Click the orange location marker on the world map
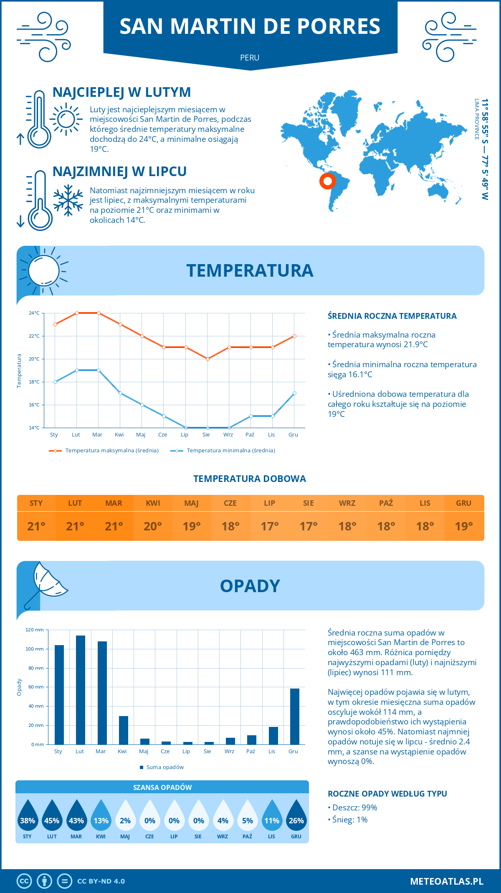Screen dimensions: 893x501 328,181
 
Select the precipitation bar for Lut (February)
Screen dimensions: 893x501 81,690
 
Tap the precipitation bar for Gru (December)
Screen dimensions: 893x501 295,716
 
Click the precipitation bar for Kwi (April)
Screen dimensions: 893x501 124,730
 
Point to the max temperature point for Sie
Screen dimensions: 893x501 207,359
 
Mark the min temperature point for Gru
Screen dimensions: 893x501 294,393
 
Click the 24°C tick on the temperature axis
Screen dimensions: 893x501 34,313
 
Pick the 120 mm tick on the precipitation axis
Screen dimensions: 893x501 35,630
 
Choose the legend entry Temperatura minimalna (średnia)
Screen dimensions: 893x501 230,451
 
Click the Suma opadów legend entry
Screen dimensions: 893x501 165,767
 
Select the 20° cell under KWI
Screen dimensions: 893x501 153,526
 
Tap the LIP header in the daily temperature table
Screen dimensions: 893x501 269,503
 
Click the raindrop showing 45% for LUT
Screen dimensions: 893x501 52,816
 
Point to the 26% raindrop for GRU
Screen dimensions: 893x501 296,816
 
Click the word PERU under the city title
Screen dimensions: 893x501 250,58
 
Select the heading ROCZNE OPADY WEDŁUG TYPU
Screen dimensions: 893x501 387,794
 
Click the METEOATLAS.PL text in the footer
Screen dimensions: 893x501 446,881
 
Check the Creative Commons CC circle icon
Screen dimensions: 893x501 24,881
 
